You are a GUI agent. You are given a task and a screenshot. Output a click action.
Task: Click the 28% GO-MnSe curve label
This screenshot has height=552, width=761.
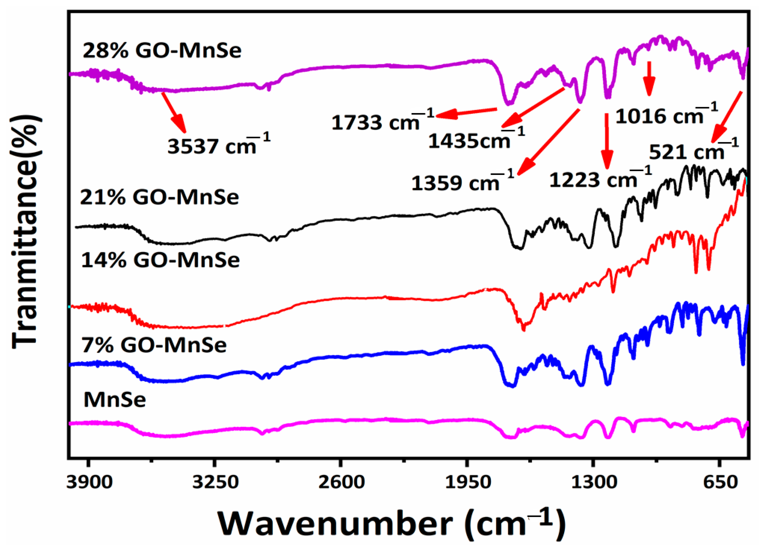click(162, 51)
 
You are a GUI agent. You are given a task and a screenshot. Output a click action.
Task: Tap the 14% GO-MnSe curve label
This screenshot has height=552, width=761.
click(161, 260)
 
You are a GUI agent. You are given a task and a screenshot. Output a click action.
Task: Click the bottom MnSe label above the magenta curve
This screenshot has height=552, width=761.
click(115, 400)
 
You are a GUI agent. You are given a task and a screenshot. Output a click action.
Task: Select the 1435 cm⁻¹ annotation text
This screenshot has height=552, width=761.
click(476, 139)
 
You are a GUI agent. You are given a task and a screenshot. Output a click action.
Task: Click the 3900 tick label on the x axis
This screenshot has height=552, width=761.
click(89, 483)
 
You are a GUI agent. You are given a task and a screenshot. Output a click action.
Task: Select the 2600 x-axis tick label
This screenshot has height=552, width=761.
click(340, 483)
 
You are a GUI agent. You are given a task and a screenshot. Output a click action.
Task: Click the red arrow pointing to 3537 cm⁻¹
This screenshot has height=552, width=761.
click(174, 113)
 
